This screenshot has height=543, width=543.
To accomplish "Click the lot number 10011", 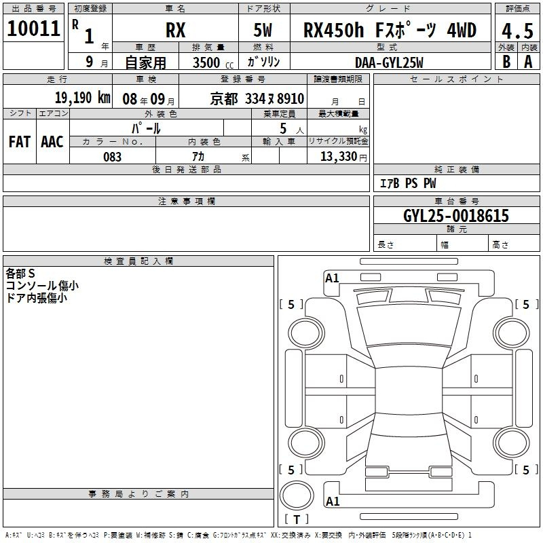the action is [33, 29].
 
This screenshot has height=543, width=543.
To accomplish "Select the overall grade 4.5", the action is [517, 31].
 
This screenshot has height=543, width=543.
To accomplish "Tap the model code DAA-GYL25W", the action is [389, 62].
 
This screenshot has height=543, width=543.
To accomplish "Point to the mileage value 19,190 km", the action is [83, 98].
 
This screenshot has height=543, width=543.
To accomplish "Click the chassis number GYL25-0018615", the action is [456, 215].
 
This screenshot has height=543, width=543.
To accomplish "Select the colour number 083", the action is [112, 157].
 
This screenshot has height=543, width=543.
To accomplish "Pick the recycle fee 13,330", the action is [339, 157].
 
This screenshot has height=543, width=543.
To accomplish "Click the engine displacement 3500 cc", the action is [213, 62].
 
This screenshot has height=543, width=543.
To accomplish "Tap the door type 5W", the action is [263, 30].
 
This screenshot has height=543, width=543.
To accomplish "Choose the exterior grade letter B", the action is [506, 62].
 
